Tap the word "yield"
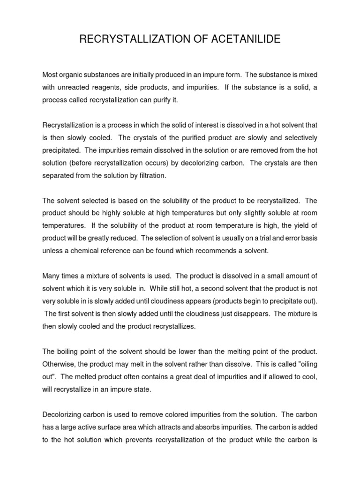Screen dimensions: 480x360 [298, 225]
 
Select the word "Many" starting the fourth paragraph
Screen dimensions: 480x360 [51, 276]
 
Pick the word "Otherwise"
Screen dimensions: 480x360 [59, 364]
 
